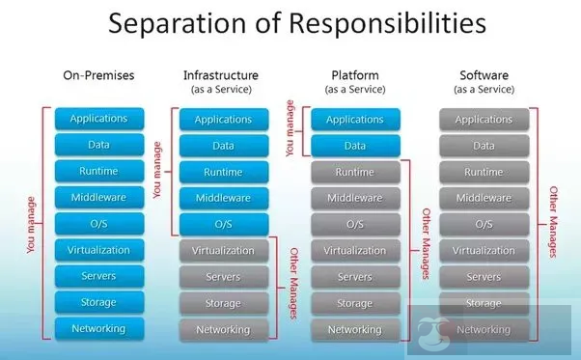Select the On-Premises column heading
[98, 74]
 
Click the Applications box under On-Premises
[98, 119]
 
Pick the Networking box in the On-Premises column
[98, 328]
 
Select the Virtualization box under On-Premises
[98, 250]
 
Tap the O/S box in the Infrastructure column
[223, 224]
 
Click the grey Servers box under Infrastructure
[223, 277]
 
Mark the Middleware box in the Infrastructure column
[223, 198]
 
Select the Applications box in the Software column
[483, 119]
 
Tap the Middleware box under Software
[483, 198]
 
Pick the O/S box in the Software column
[483, 224]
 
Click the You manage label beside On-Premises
[32, 224]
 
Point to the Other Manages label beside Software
[554, 223]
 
